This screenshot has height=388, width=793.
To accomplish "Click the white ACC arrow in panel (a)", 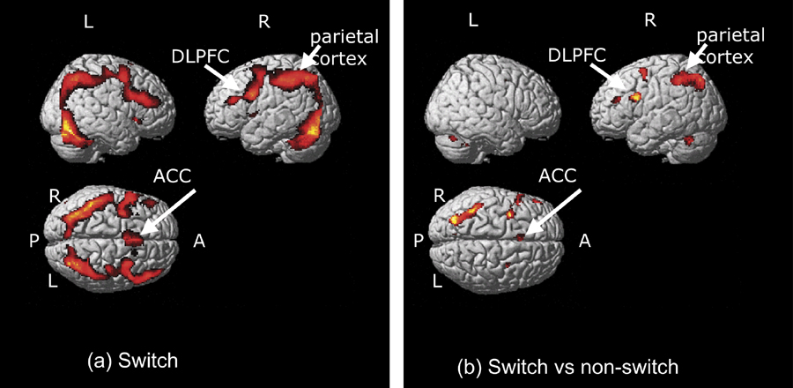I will click(x=167, y=212).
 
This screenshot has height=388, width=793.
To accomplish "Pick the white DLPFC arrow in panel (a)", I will click(x=220, y=78).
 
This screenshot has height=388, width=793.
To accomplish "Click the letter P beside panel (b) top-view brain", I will click(x=419, y=239).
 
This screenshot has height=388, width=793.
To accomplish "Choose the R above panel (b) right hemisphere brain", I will click(x=649, y=21).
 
